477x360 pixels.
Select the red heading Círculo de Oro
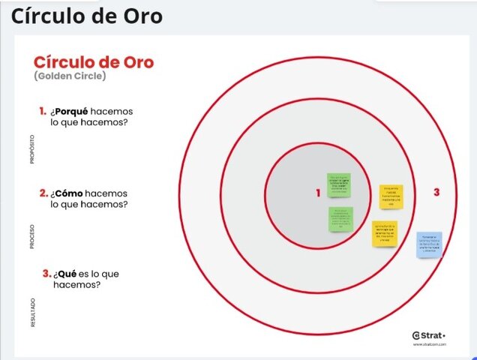tap(94, 62)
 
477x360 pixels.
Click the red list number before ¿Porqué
tap(43, 111)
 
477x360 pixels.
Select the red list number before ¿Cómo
tap(43, 193)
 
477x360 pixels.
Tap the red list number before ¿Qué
tap(46, 274)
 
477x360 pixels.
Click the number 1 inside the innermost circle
tap(318, 193)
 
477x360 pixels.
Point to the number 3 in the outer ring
tap(436, 193)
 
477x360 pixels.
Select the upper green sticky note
tap(338, 184)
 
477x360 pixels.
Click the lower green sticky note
tap(340, 219)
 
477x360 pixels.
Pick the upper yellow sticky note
tap(391, 196)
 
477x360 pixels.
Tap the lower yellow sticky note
tap(385, 234)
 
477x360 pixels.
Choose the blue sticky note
tap(430, 244)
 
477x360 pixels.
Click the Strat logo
tap(429, 334)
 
